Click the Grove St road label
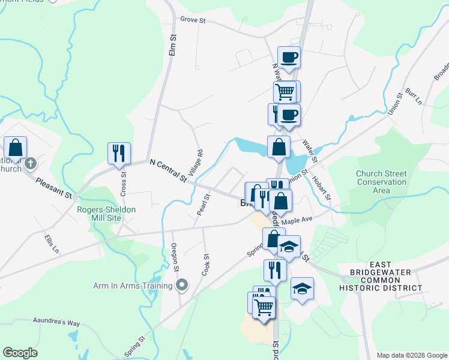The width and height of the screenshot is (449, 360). coord(193,20)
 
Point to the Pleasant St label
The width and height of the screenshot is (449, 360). coord(53,187)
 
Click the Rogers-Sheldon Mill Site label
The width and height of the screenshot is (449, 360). coord(106,214)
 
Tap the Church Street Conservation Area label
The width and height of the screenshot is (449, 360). coord(381,182)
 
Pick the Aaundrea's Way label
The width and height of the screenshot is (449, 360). coord(56,323)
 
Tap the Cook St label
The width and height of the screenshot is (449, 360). coord(205,264)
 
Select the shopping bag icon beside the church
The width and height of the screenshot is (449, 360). coord(15,147)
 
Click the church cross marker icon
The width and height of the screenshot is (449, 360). coord(32,163)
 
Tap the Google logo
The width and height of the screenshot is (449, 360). coord(20,353)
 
